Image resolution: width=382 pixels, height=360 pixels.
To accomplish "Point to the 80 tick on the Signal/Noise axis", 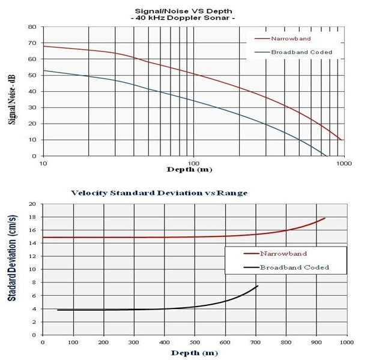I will point(33,27).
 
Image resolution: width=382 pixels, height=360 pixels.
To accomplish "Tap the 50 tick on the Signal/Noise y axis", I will point(33,75).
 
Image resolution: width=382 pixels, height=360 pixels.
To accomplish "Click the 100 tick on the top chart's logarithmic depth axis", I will point(193,163).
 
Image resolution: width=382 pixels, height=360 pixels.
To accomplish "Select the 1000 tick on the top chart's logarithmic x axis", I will point(345,163).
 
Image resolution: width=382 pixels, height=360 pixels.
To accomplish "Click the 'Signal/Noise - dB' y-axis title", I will point(11,92).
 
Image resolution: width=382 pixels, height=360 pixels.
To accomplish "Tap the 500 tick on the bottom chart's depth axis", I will point(194,343).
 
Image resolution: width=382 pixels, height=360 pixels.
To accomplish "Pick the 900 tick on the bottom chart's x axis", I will point(316,343).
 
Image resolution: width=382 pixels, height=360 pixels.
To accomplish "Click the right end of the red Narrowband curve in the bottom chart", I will point(325,218).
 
